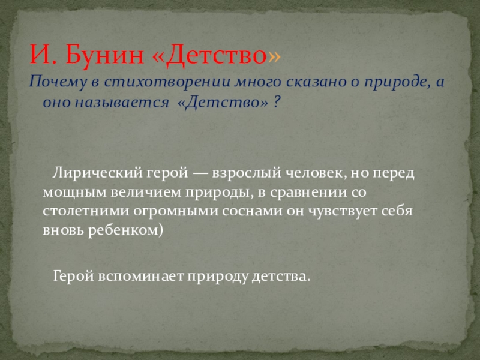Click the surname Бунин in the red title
(x=104, y=55)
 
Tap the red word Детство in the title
(x=217, y=55)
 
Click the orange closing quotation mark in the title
(x=274, y=56)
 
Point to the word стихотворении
(x=167, y=82)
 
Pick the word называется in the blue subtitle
(x=122, y=102)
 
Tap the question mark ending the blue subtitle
(x=276, y=101)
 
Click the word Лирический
(x=97, y=173)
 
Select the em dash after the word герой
(x=200, y=173)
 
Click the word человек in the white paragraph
(x=316, y=173)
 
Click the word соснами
(x=252, y=212)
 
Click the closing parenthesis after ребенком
(x=161, y=230)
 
